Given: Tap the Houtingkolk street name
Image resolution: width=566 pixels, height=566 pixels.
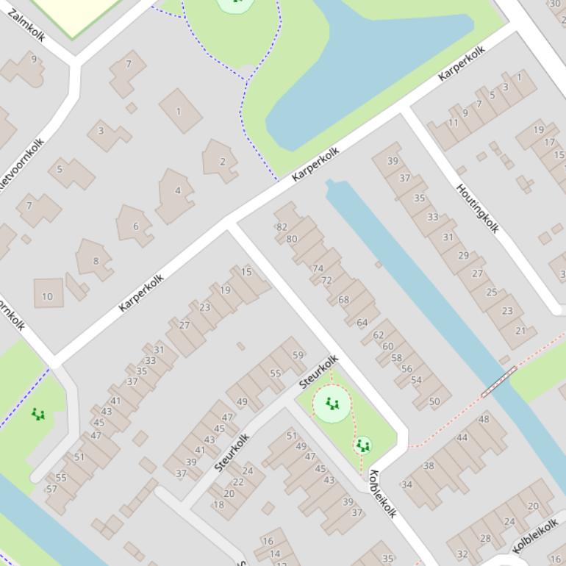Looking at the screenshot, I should [478, 208].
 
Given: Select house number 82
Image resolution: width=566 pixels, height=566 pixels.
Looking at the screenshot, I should [282, 227].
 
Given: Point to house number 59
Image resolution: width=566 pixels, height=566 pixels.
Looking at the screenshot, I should [298, 355].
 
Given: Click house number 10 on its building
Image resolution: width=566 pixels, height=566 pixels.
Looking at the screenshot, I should [47, 297].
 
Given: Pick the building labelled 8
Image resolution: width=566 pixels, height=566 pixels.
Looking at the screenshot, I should [96, 261].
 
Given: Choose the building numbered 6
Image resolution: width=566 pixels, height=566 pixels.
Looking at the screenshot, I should [135, 226].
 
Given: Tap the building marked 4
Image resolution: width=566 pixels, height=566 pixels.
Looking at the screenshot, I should [177, 191].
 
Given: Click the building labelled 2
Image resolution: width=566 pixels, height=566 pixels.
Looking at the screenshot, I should [222, 161].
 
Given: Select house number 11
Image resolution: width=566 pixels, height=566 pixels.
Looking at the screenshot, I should [454, 123].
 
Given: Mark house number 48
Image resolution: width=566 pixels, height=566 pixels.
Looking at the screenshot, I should [484, 420].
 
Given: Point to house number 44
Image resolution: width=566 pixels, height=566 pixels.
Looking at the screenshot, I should [462, 437].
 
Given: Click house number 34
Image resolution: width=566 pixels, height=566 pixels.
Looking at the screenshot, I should [406, 484].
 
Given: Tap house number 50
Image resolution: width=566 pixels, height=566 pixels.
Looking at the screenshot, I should [434, 401].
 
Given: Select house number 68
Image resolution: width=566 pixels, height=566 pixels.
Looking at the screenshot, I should [343, 300].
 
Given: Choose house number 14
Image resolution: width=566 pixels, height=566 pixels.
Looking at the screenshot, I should [274, 554].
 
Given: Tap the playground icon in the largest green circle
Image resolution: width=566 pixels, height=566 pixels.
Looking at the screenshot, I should [332, 404].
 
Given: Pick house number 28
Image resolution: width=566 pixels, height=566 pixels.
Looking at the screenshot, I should [485, 539].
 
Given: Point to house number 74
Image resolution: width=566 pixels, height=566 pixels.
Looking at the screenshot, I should [318, 268].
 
